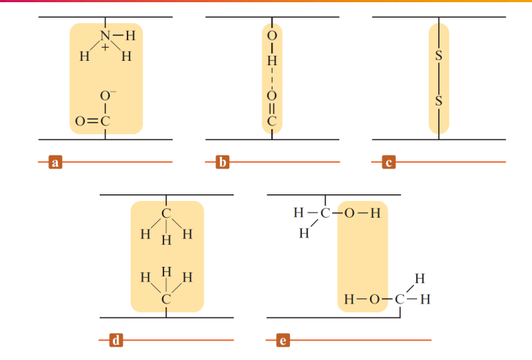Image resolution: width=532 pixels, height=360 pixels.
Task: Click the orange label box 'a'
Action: point(53,162)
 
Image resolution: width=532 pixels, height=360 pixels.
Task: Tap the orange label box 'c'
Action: point(387,162)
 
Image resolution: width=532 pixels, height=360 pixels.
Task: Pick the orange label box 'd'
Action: point(115,340)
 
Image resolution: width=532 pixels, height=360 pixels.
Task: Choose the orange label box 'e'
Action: point(282,340)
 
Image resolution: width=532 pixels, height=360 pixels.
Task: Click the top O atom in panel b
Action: point(272,36)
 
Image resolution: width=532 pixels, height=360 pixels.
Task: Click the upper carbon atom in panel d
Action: point(166,213)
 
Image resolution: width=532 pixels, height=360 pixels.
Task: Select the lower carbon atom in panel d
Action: point(166,299)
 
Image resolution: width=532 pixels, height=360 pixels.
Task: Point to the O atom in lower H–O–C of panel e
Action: point(374,299)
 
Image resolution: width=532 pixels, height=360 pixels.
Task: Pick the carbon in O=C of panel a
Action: point(105,121)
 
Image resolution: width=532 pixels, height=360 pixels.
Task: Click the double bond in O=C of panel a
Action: point(91,121)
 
